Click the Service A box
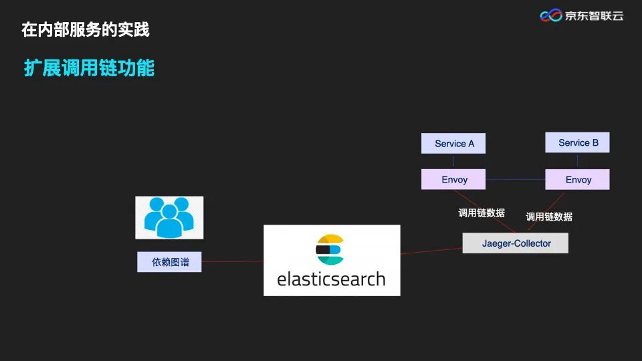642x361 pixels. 453,144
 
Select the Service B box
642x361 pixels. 577,142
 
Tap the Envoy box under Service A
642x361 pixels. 453,179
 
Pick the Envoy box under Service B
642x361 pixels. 577,179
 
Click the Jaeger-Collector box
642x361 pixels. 516,243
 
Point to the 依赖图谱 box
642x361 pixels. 169,262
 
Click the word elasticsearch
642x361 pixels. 331,278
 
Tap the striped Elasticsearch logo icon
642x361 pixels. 330,249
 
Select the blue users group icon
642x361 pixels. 169,217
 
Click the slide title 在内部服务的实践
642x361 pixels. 85,29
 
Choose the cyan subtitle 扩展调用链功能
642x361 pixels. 89,68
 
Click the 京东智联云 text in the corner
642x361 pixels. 594,15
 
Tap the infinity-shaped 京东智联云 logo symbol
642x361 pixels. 551,15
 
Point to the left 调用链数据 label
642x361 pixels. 481,213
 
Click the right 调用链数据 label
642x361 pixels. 549,217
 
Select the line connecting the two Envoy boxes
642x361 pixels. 515,179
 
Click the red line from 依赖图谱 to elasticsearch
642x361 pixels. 232,261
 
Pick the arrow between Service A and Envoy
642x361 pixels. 453,161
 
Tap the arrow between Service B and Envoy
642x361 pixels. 577,160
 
